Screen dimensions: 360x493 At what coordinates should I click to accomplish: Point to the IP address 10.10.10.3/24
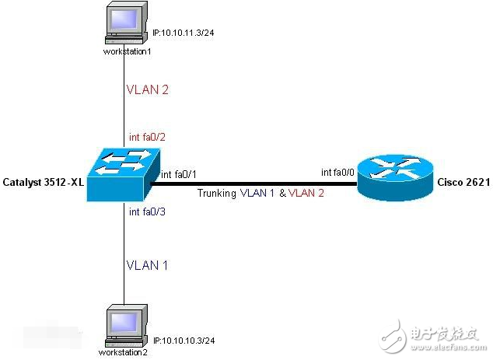[x=184, y=341]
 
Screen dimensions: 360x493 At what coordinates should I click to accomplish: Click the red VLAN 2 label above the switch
[x=148, y=89]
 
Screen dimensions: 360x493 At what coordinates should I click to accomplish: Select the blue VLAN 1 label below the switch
[x=147, y=265]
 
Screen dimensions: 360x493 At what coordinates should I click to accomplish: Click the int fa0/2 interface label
[x=148, y=137]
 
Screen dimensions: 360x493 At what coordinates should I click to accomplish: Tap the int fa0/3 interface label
[x=147, y=211]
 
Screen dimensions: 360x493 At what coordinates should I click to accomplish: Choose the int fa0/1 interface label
[x=179, y=176]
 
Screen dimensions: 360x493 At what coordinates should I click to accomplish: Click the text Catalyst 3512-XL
[x=44, y=181]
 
